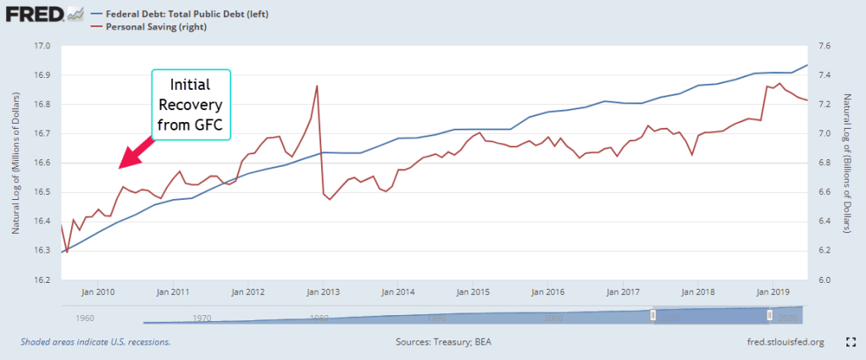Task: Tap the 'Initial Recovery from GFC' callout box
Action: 191,105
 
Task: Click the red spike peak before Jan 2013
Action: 317,86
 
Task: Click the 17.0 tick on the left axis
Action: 42,46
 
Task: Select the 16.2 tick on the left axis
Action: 42,280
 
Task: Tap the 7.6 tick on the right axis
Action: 823,46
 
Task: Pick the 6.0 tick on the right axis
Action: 823,280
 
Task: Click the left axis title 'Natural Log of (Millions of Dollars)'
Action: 16,163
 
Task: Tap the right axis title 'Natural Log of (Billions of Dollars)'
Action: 849,163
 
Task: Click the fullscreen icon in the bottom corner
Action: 850,342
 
